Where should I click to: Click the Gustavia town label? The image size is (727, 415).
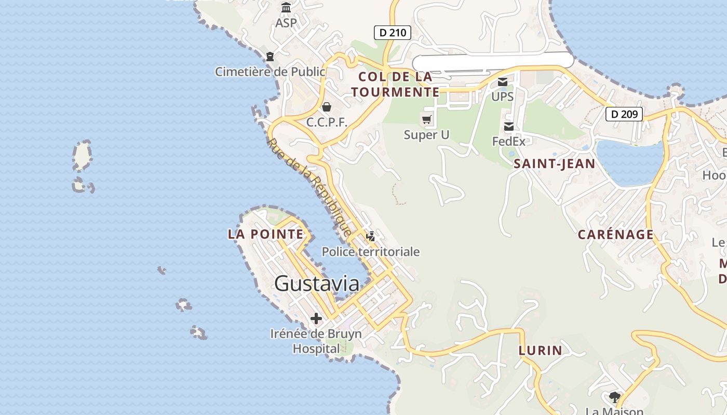point(317,283)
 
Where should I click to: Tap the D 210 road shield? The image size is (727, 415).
point(393,33)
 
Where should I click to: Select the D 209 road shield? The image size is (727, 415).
point(624,114)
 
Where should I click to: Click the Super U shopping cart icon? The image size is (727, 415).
point(427,120)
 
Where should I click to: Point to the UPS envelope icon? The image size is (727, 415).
point(503,82)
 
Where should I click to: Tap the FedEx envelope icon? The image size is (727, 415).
point(509,127)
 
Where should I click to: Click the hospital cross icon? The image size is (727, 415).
point(316,318)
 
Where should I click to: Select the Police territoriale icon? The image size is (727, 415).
point(371,237)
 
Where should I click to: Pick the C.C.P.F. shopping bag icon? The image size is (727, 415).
point(327,107)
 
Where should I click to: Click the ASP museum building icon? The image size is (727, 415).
point(286,8)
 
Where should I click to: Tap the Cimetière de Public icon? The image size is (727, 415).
point(270,57)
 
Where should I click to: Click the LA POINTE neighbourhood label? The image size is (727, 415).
point(265,234)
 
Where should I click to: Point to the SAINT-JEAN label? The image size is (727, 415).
point(554,164)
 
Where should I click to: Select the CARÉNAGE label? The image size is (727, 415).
point(616,234)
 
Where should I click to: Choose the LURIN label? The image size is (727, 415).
point(540,350)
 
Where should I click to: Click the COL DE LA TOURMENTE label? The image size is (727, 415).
point(395,85)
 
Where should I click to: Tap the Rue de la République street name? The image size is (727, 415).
point(310,186)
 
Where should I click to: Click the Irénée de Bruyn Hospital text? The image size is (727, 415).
point(316,341)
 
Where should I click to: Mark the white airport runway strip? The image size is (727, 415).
point(493,61)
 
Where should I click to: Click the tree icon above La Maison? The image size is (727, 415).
point(615,397)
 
